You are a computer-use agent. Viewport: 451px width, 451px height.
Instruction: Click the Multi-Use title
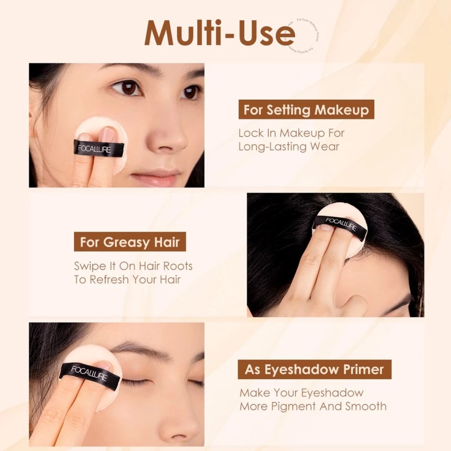219,33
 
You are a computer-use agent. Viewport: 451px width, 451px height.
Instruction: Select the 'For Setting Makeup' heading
306,110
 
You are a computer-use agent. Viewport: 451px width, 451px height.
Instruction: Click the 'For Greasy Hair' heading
129,242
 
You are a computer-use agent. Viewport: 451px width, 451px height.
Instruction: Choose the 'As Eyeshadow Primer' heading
314,370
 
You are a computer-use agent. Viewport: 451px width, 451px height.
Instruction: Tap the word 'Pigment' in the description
292,406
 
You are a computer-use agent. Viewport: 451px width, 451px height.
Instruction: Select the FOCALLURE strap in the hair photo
340,227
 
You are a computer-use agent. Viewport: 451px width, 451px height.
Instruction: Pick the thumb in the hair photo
353,303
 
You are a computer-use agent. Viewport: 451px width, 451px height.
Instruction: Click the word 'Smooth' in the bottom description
366,406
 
